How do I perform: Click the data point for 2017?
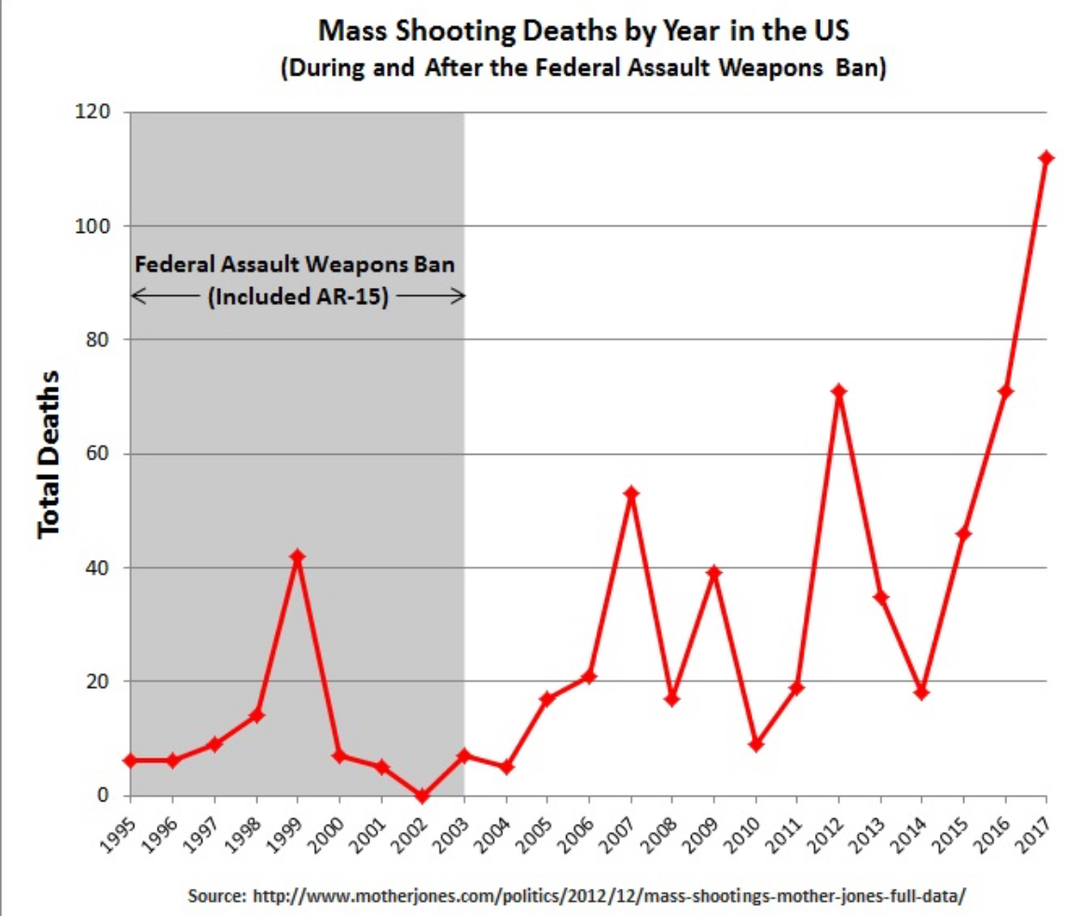[x=1046, y=157]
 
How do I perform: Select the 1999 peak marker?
[x=297, y=556]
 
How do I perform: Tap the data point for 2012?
[x=839, y=391]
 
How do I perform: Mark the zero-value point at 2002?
[x=422, y=796]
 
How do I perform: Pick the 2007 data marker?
[x=631, y=494]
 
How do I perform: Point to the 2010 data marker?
[x=756, y=745]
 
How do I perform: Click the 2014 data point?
[x=922, y=692]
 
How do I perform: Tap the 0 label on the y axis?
[x=105, y=796]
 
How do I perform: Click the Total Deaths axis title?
[x=49, y=453]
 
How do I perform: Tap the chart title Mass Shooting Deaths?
[x=584, y=32]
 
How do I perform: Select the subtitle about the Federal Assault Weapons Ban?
[x=584, y=70]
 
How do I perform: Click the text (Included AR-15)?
[x=296, y=298]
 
